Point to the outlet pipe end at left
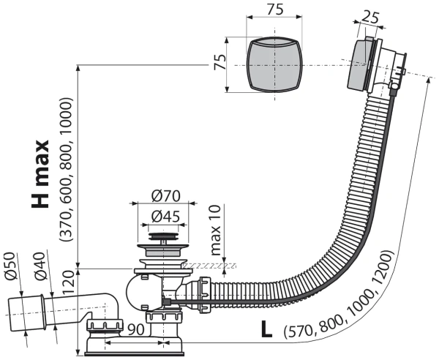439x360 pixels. point(18,312)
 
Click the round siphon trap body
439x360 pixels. point(139,292)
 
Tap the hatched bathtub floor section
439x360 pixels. point(208,264)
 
